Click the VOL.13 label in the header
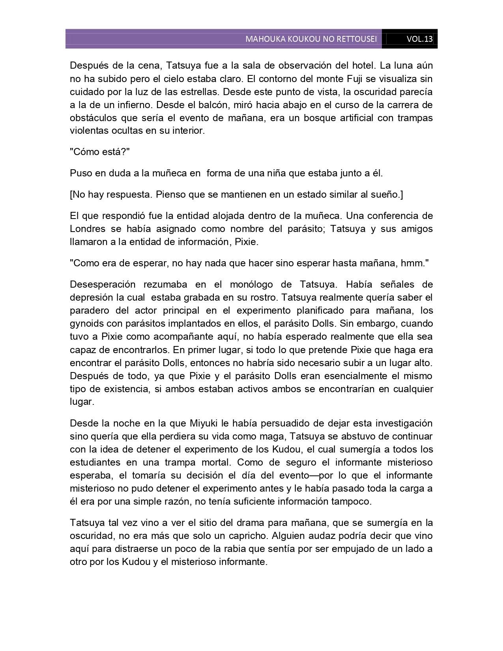tap(420, 39)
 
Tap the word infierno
tap(129, 105)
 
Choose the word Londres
tap(88, 229)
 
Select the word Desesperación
tap(103, 284)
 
